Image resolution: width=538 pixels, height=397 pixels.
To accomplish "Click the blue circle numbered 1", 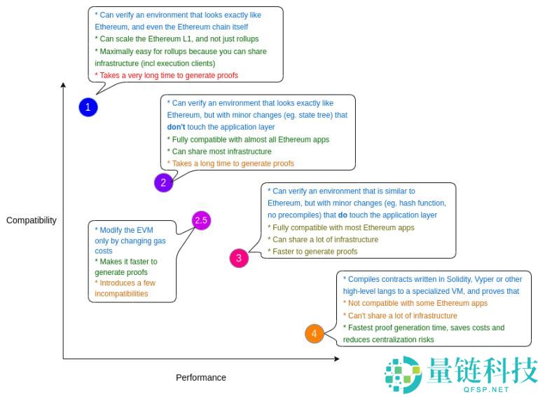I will click(x=88, y=107).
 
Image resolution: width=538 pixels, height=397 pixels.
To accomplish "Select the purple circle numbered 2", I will click(x=163, y=183).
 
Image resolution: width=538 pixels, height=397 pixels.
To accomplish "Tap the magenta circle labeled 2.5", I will click(x=202, y=220).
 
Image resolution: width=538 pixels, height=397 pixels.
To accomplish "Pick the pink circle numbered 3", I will click(x=239, y=258).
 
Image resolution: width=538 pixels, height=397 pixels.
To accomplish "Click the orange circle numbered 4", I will click(x=314, y=334).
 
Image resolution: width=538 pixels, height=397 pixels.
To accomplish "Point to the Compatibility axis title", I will click(x=32, y=220).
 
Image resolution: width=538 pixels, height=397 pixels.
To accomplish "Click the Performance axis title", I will click(x=201, y=377).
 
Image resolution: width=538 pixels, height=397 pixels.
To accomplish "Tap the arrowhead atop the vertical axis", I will click(x=64, y=86).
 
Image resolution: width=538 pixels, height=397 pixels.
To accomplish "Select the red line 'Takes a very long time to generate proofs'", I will click(x=168, y=75).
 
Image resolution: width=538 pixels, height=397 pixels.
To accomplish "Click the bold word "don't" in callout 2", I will click(x=176, y=127).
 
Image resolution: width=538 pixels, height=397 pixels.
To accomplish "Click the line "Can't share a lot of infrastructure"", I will click(x=401, y=316).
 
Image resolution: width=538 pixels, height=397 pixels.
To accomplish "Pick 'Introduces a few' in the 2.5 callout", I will click(x=126, y=283).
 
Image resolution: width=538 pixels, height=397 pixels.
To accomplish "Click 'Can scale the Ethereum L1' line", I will click(x=178, y=39).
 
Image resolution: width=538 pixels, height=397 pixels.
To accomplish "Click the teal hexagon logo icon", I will click(x=402, y=373).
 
